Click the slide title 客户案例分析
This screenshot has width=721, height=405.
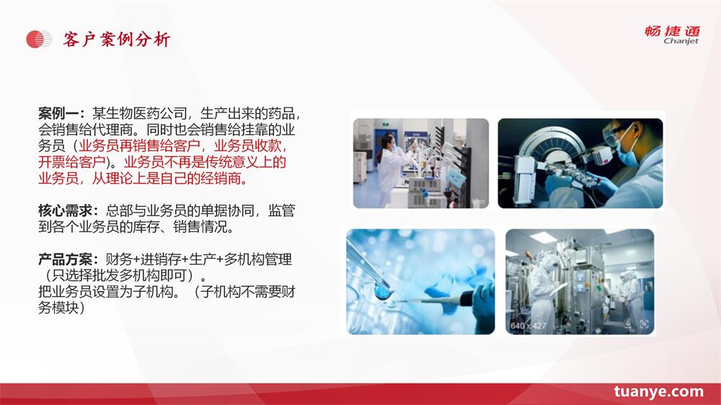point(117,40)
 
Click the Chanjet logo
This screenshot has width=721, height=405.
point(672,35)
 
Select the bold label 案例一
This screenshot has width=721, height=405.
point(58,113)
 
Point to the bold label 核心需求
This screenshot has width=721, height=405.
point(66,210)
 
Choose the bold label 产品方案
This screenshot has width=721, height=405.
point(66,259)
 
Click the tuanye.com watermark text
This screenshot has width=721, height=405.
point(658,392)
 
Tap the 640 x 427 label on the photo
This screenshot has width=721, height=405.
point(528,326)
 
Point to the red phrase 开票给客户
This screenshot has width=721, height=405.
point(72,162)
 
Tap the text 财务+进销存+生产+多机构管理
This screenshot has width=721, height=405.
point(199,259)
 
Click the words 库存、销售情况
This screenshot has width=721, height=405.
point(186,226)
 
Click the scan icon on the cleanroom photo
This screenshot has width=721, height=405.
point(644,324)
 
